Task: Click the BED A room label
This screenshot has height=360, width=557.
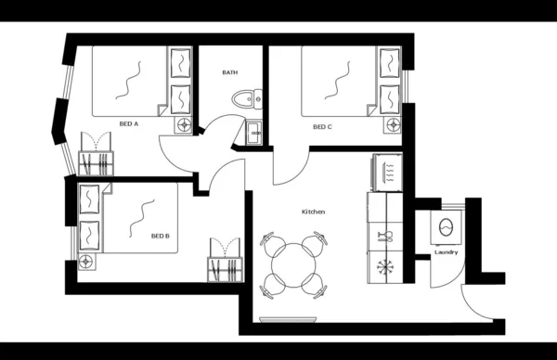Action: pos(129,123)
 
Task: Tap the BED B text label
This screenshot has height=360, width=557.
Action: pos(161,236)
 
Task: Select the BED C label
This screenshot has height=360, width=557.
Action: pos(322,127)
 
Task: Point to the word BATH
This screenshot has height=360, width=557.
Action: pos(230,72)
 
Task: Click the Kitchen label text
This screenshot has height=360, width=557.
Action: pos(313,212)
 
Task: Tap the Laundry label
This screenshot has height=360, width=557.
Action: pos(446,252)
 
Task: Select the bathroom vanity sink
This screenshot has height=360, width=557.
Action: pos(253,133)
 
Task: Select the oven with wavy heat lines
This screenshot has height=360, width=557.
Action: pos(387,171)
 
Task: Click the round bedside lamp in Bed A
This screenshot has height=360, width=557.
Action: pos(184,122)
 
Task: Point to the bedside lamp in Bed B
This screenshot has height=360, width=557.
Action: pos(88,260)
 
